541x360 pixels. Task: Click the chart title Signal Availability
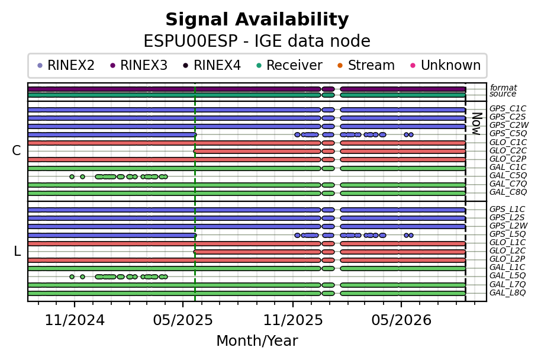click(257, 20)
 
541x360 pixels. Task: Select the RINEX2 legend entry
click(66, 65)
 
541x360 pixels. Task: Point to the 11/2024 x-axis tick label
click(75, 320)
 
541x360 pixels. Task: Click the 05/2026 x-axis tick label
click(401, 320)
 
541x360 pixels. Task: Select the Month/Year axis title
click(257, 340)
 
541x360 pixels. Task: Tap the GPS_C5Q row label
click(508, 134)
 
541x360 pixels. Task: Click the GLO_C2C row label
click(508, 150)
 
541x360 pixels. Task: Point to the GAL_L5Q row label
click(507, 275)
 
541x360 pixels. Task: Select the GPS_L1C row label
click(507, 209)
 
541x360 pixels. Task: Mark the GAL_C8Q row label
click(508, 192)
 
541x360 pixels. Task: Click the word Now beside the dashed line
click(476, 124)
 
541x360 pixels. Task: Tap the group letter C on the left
click(16, 150)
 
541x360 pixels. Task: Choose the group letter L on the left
click(17, 251)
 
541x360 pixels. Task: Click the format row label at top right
click(503, 88)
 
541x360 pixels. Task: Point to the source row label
click(503, 94)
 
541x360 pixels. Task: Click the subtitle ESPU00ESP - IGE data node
click(257, 41)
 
